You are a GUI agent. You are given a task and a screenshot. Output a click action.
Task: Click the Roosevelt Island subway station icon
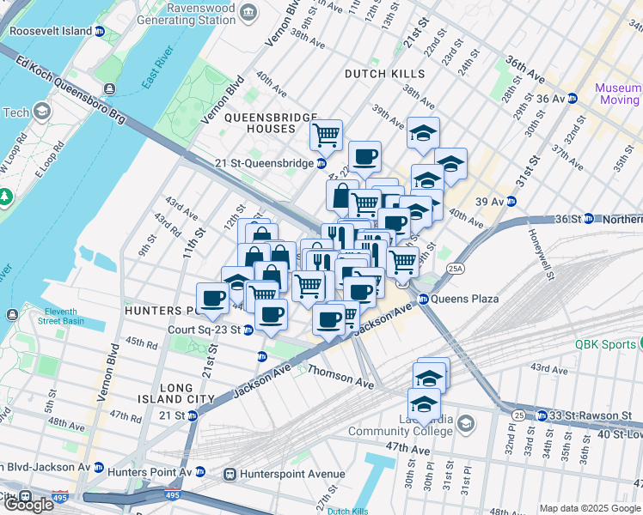pos(99,31)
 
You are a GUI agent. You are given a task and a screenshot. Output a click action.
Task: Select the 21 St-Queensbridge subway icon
pos(321,163)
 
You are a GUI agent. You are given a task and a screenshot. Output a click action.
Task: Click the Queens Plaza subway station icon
pos(423,300)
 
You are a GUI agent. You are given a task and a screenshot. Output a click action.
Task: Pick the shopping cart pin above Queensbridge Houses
pos(327,135)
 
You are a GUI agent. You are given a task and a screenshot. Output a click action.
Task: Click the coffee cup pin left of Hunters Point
pos(212,299)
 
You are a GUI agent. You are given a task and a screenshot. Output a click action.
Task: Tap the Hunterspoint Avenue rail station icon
pos(230,474)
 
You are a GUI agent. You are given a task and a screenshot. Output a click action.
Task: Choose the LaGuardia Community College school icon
pos(465,423)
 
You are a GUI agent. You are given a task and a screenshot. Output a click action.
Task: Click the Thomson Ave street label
pos(340,378)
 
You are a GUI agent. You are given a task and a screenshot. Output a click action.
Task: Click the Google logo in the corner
pos(29,503)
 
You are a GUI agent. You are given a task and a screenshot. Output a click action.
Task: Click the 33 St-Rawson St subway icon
pos(542,415)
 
